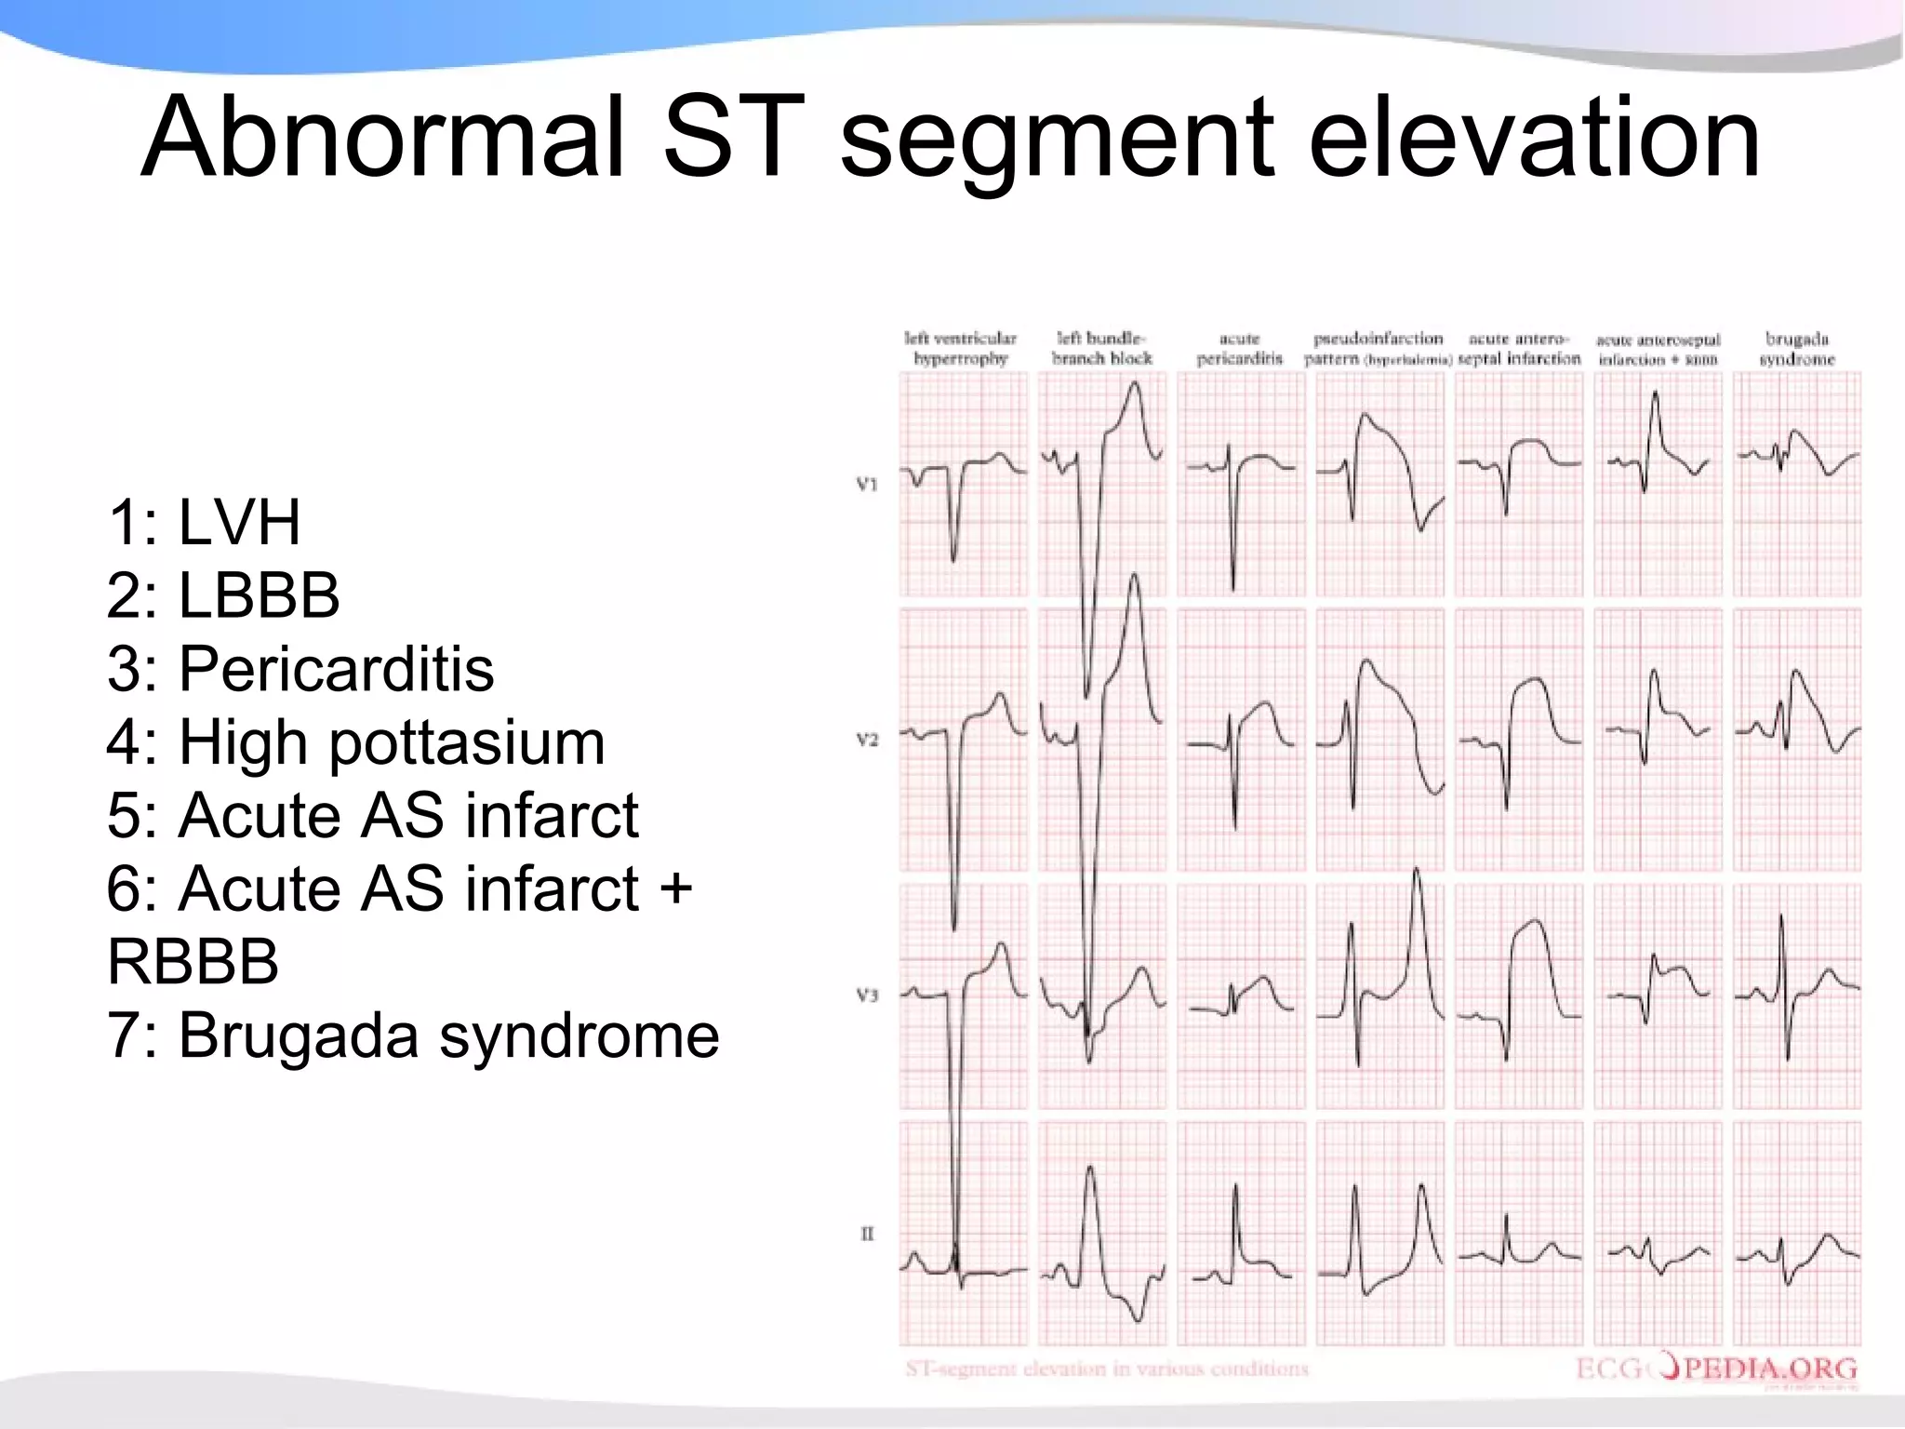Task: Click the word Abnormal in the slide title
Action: [x=381, y=138]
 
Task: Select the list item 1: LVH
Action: [x=205, y=522]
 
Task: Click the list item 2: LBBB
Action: [x=223, y=595]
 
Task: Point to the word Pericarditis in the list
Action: [x=336, y=669]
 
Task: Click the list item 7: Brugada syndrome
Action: [x=413, y=1035]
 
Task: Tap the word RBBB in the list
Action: [x=193, y=961]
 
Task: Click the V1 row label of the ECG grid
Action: [x=866, y=484]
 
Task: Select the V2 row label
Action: [x=866, y=741]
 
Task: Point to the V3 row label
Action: [x=866, y=995]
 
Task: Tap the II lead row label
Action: [x=867, y=1235]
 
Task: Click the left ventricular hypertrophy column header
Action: [x=961, y=349]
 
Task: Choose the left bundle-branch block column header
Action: [x=1101, y=349]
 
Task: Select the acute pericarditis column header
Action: [x=1239, y=349]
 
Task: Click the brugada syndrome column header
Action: [x=1796, y=349]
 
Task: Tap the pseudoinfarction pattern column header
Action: [x=1378, y=349]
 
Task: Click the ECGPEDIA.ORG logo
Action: [x=1716, y=1369]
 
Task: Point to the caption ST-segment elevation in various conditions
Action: [x=1107, y=1369]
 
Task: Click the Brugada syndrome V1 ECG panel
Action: [x=1797, y=484]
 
